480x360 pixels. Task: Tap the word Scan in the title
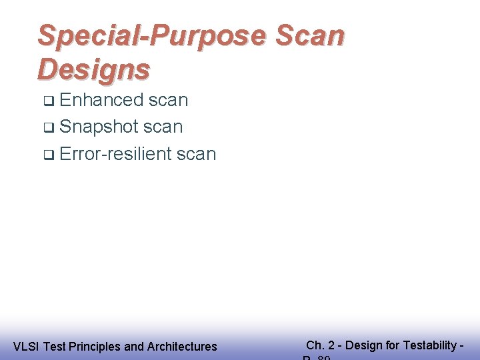pyautogui.click(x=310, y=35)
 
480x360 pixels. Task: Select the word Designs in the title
pyautogui.click(x=94, y=68)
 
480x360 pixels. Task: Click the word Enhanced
pyautogui.click(x=101, y=100)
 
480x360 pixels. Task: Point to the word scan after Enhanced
pyautogui.click(x=168, y=100)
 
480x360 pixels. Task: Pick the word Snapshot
pyautogui.click(x=99, y=127)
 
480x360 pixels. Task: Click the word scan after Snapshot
pyautogui.click(x=163, y=127)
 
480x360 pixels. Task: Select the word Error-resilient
pyautogui.click(x=115, y=154)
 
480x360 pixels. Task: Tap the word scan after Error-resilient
pyautogui.click(x=196, y=154)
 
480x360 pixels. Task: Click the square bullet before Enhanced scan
pyautogui.click(x=48, y=101)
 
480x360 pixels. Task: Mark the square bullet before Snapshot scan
pyautogui.click(x=48, y=128)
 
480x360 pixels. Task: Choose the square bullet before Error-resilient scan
pyautogui.click(x=48, y=155)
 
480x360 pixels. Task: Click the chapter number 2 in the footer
pyautogui.click(x=331, y=345)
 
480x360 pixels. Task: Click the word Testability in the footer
pyautogui.click(x=429, y=345)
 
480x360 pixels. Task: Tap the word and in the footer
pyautogui.click(x=134, y=347)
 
